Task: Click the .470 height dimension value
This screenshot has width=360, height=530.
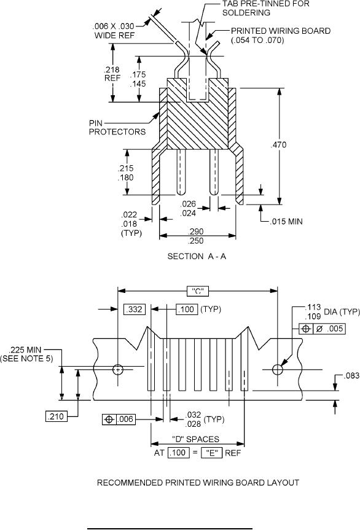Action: click(278, 145)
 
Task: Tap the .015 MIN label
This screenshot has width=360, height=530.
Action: click(286, 222)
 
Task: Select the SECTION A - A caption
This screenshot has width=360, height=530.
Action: click(197, 257)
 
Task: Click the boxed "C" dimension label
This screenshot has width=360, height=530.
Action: click(198, 291)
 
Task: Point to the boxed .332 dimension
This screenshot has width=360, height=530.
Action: click(135, 310)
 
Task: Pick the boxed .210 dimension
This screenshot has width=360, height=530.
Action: click(56, 416)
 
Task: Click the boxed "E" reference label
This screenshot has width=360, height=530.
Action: click(212, 453)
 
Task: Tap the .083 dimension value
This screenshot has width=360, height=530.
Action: click(351, 376)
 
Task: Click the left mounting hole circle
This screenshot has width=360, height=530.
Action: click(117, 370)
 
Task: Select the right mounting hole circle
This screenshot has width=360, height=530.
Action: click(278, 370)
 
